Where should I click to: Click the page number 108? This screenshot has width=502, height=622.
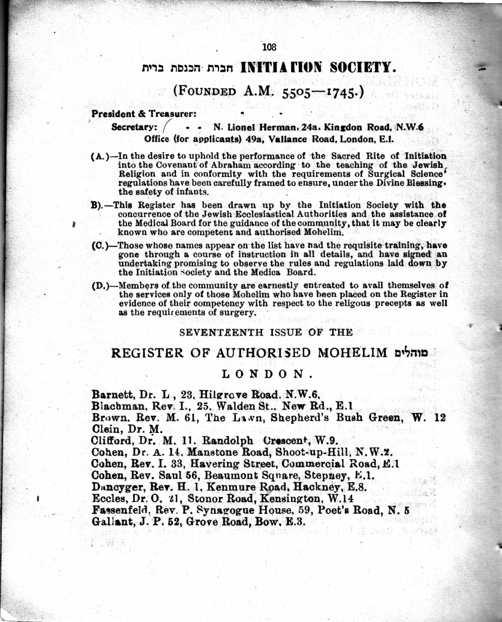coord(269,47)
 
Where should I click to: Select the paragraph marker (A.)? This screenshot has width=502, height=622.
coord(100,156)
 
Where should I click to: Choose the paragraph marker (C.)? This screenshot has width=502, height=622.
coord(100,246)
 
